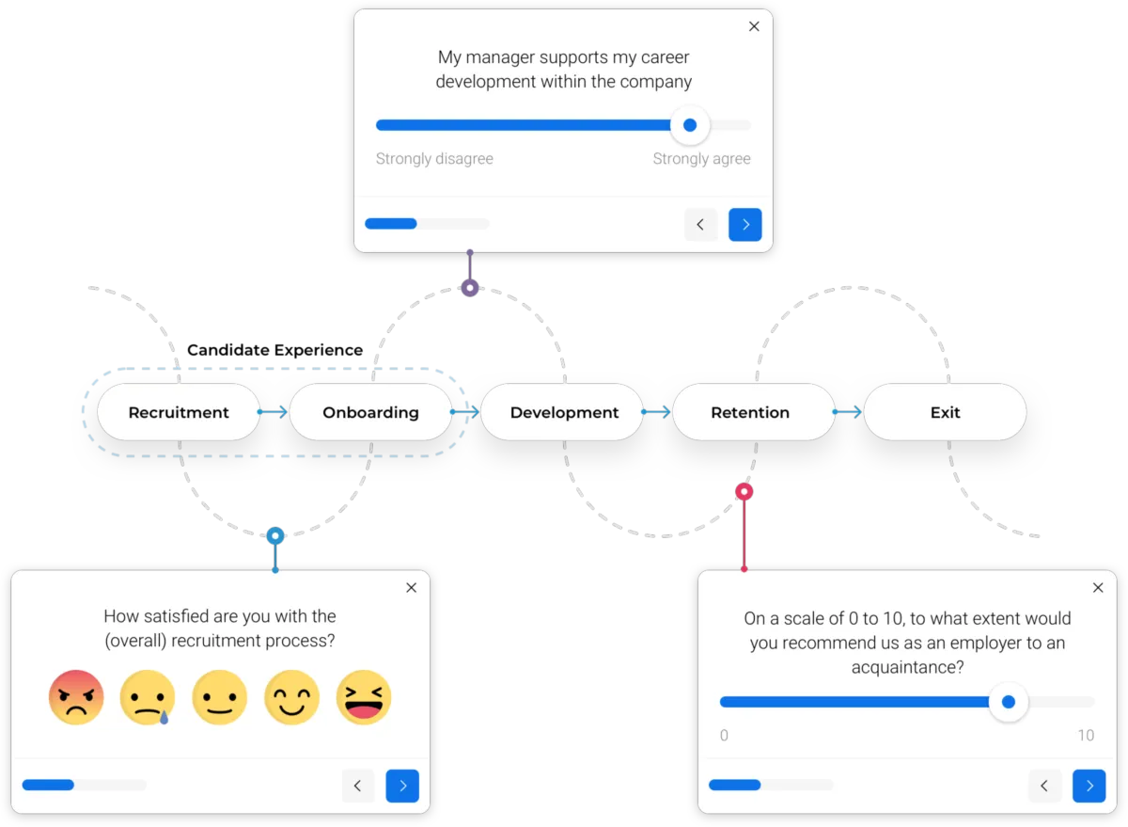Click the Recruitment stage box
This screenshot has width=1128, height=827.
click(179, 412)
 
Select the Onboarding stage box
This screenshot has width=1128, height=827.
click(370, 412)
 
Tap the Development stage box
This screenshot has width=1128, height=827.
click(564, 412)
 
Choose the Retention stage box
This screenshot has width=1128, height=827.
click(750, 412)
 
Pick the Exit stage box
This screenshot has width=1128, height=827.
click(945, 412)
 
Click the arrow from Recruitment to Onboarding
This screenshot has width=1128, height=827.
click(274, 412)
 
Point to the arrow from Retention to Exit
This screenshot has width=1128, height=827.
click(848, 412)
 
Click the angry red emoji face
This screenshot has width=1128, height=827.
click(76, 697)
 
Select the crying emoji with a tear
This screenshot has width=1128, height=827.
click(148, 697)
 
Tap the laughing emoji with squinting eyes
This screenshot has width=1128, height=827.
click(363, 697)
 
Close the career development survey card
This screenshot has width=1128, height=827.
click(754, 26)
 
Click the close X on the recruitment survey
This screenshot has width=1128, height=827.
click(411, 588)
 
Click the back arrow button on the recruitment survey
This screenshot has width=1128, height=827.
click(358, 786)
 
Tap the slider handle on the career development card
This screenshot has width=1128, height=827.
click(690, 125)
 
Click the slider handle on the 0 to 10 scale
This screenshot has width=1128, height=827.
click(1009, 702)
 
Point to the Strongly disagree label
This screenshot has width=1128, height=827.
click(434, 159)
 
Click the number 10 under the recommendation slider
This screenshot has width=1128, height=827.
click(1086, 736)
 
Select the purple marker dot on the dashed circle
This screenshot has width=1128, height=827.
click(470, 288)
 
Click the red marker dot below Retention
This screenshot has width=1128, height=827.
click(744, 491)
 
